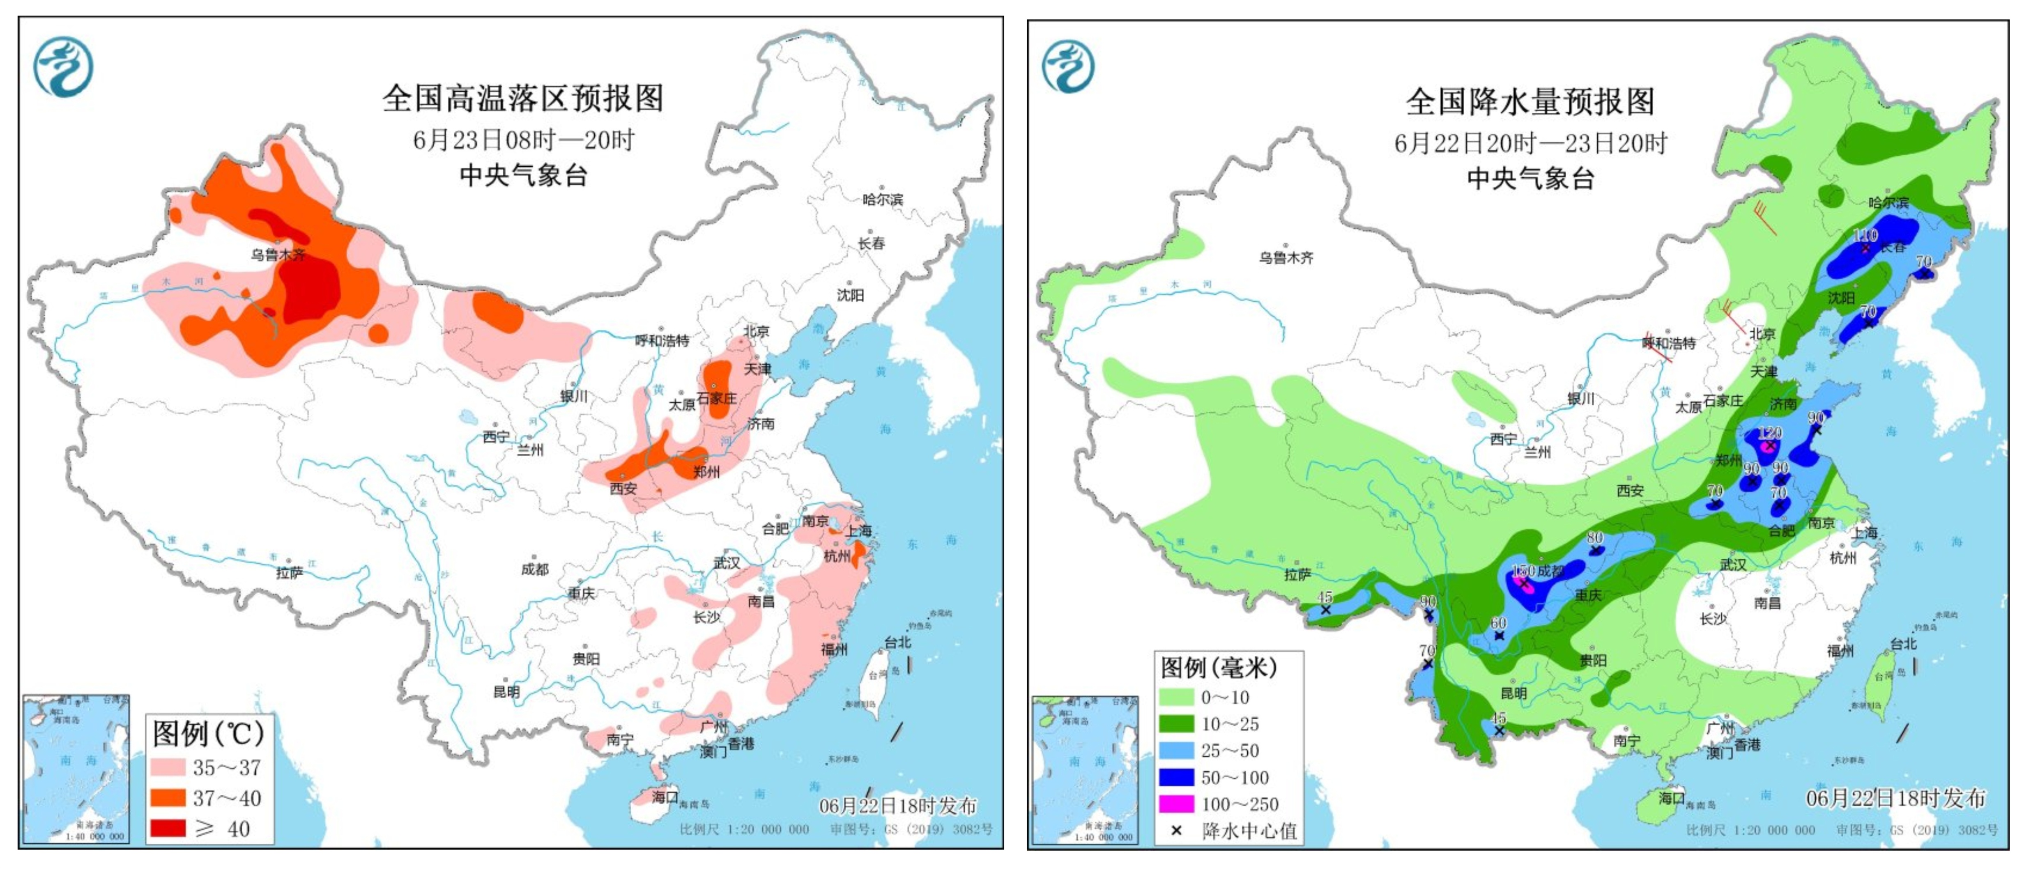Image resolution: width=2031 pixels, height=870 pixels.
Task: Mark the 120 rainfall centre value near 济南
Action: (x=1770, y=433)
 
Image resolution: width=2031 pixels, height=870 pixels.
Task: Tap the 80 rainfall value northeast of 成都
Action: (x=1595, y=537)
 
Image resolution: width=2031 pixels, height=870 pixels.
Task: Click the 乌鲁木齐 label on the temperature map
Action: (x=278, y=255)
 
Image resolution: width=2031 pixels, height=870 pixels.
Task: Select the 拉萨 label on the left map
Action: (x=290, y=573)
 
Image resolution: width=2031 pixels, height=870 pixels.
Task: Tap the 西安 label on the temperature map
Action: (x=623, y=489)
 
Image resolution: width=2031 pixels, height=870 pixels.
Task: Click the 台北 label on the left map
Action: (x=897, y=642)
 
